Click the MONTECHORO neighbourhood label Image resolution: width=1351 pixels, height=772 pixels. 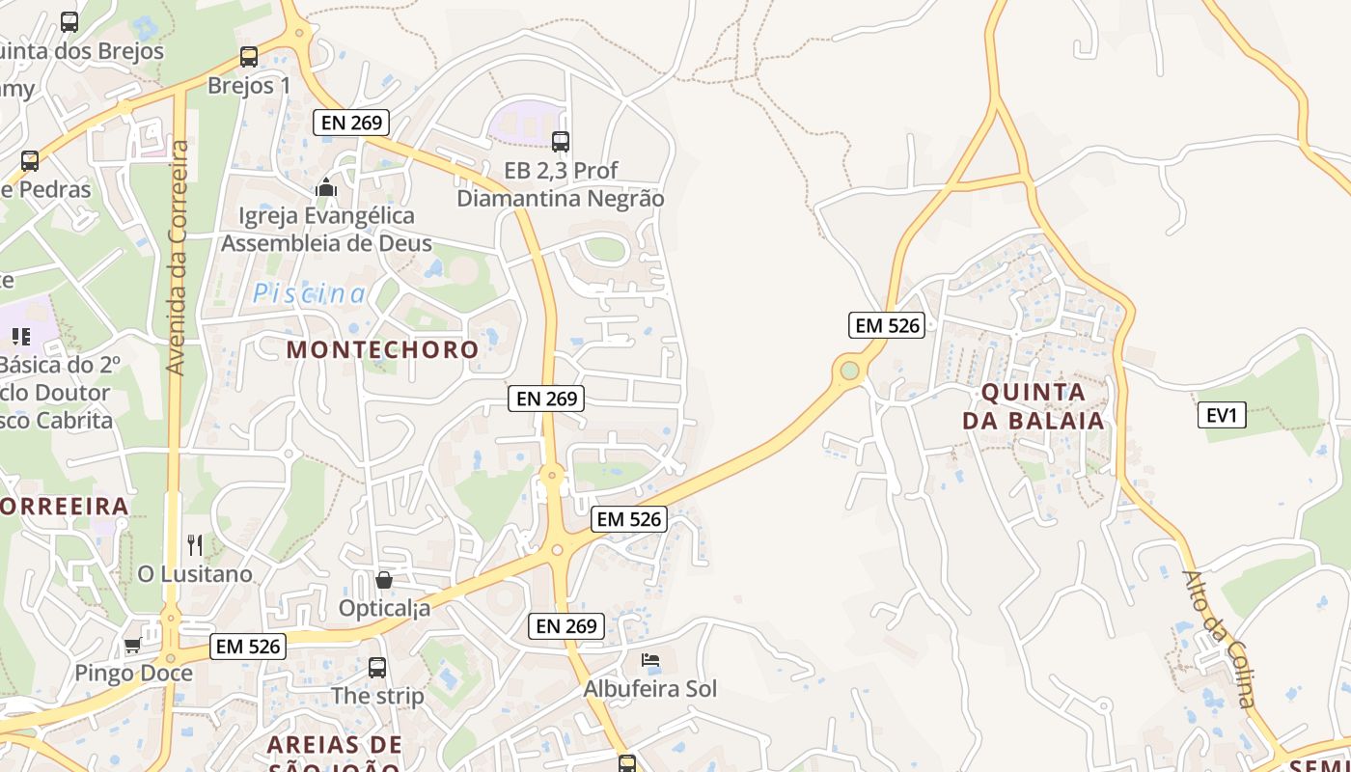[x=382, y=349]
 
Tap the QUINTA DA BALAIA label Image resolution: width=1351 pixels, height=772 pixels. [x=1034, y=406]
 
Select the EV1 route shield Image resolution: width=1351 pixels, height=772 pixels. [x=1221, y=416]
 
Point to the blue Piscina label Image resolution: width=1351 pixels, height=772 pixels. [x=309, y=293]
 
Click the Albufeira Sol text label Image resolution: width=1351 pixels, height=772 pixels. [x=649, y=689]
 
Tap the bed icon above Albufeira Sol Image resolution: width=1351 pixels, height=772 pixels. [x=650, y=661]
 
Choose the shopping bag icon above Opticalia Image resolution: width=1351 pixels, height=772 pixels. [x=384, y=580]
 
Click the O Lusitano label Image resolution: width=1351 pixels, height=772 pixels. [x=195, y=574]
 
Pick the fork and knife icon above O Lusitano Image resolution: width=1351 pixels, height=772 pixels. [x=195, y=545]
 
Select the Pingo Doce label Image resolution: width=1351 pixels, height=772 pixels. [x=133, y=673]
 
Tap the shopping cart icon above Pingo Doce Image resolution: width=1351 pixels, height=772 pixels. [x=133, y=645]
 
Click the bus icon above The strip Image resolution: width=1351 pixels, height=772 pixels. [x=377, y=667]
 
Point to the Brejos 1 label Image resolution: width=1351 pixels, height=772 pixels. [x=249, y=85]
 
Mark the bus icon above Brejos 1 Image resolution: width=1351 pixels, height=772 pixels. [x=249, y=57]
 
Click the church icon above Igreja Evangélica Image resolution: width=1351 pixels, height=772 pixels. [x=326, y=187]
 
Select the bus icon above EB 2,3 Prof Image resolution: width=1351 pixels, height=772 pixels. [x=561, y=142]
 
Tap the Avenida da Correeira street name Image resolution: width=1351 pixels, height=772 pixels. [x=177, y=258]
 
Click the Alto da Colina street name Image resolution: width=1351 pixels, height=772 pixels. [x=1222, y=639]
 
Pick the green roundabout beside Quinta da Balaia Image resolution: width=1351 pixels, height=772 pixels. [x=849, y=371]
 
